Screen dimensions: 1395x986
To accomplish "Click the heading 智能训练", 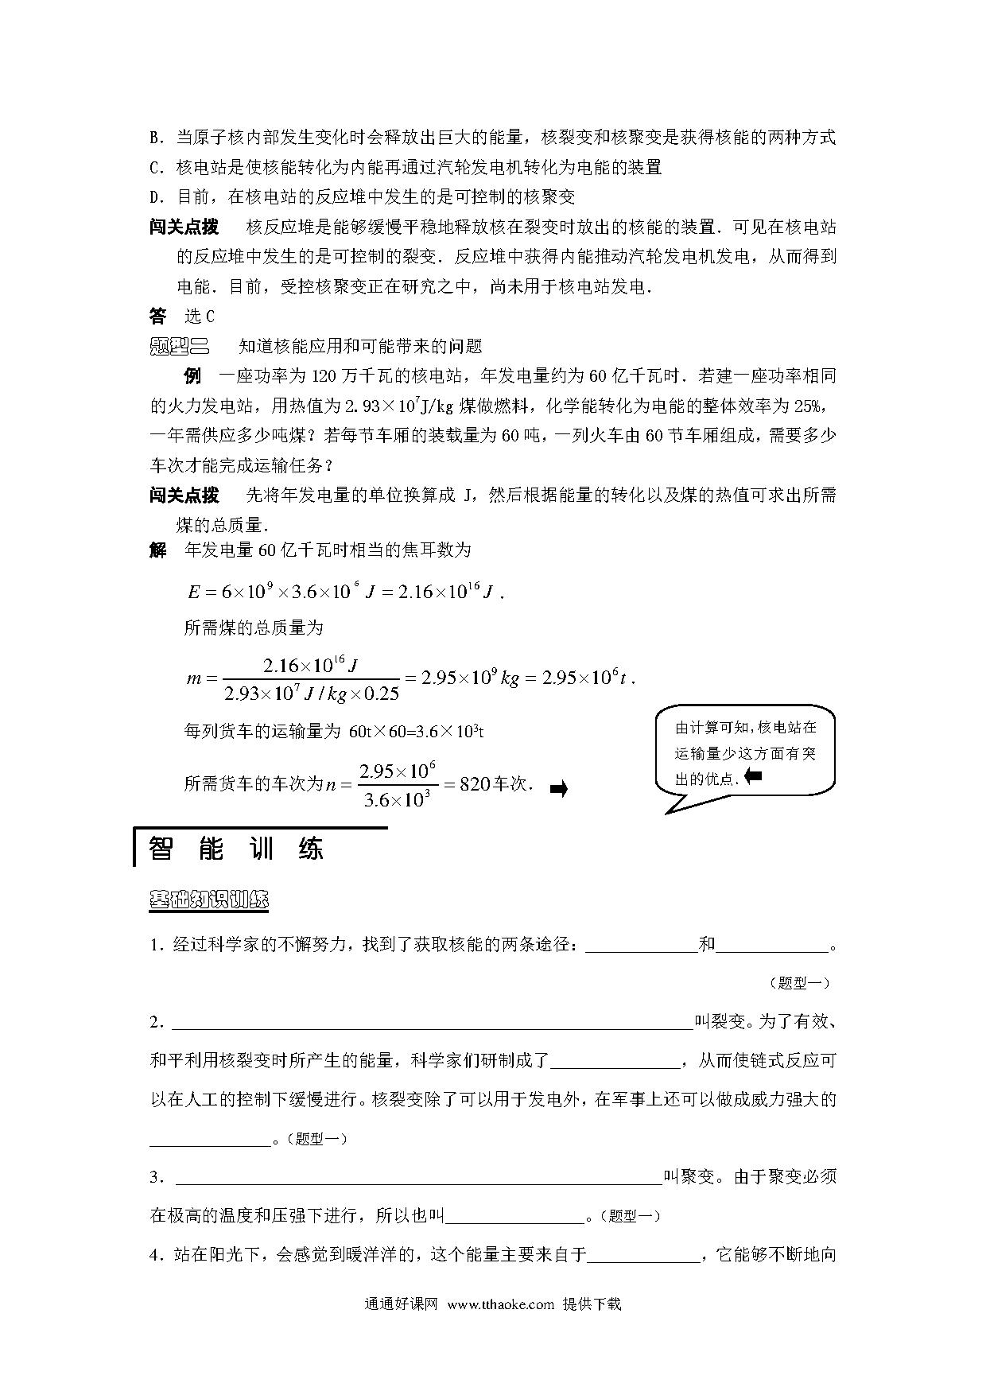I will point(236,849).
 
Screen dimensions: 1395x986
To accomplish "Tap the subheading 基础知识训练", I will point(209,900).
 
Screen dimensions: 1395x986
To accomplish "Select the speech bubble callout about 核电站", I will point(745,752).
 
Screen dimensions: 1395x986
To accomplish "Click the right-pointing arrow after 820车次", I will point(558,790).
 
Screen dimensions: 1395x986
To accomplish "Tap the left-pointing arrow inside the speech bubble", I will point(752,776).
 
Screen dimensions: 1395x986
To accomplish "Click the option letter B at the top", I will point(155,138).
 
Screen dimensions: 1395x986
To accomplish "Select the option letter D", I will point(155,196).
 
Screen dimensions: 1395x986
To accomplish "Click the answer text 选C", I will point(200,317).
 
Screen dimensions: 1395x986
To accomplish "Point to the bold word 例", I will point(192,376).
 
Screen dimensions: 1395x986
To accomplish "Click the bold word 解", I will point(157,550).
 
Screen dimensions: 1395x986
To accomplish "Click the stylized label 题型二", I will point(178,346).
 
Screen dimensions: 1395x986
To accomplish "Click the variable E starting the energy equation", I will point(194,593).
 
